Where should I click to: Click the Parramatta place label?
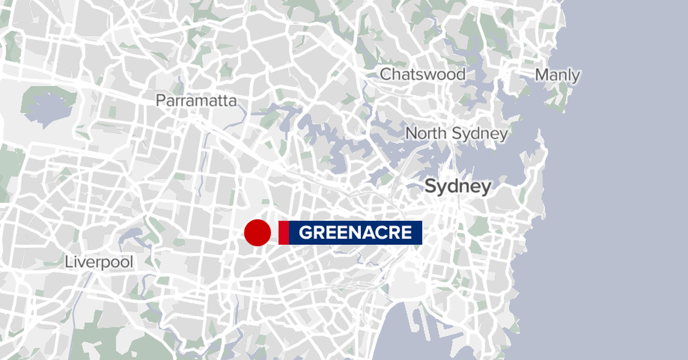point(196,101)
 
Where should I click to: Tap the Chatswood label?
point(423,74)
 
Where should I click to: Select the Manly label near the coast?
point(557,75)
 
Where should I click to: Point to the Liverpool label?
point(99,263)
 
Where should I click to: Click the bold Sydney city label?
point(458,187)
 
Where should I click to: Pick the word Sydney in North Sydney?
point(480,134)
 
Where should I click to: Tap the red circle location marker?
point(257,233)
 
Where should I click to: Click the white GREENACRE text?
point(355,233)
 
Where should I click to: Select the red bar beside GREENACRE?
point(283,233)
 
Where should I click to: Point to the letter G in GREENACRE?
point(305,233)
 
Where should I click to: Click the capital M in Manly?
point(542,75)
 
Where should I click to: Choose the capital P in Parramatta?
point(161,101)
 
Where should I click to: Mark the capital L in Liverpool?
point(68,263)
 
